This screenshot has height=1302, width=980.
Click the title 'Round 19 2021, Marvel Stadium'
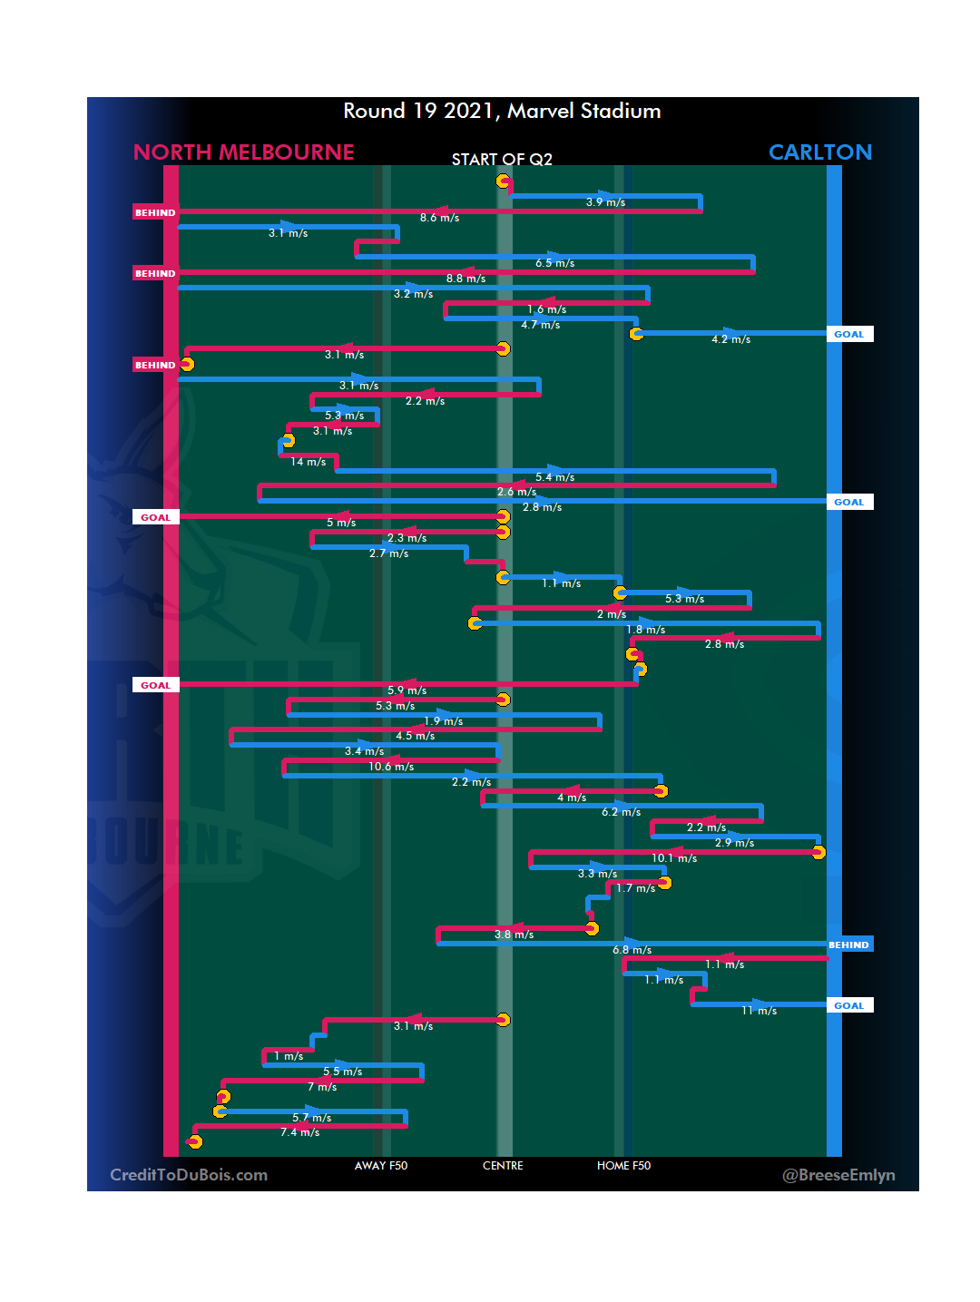tap(502, 111)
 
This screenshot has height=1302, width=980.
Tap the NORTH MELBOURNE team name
tap(243, 152)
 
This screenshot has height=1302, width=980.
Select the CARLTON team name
tap(819, 152)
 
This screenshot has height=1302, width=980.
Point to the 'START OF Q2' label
tap(502, 160)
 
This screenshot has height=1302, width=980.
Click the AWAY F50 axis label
tap(381, 1166)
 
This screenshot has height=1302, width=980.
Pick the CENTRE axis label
tap(503, 1166)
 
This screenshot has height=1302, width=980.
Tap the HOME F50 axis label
tap(623, 1166)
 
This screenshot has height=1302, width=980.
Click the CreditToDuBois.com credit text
tap(189, 1175)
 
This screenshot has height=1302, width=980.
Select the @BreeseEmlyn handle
tap(838, 1175)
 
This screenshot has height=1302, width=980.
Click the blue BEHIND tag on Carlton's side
tap(848, 945)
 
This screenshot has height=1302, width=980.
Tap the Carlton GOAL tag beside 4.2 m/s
tap(849, 334)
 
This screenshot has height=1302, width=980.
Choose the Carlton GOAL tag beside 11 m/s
tap(849, 1005)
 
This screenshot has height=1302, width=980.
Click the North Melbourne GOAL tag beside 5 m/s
tap(155, 517)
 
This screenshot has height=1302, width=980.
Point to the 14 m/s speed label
tap(309, 462)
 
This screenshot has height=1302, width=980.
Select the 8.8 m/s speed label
tap(465, 279)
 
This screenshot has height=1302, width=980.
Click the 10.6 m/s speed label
tap(391, 767)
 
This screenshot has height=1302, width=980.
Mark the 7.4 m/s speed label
tap(299, 1132)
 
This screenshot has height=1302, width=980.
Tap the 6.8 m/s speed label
tap(632, 950)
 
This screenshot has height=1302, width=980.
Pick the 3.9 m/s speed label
tap(605, 202)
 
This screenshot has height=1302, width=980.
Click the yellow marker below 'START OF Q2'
tap(503, 181)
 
